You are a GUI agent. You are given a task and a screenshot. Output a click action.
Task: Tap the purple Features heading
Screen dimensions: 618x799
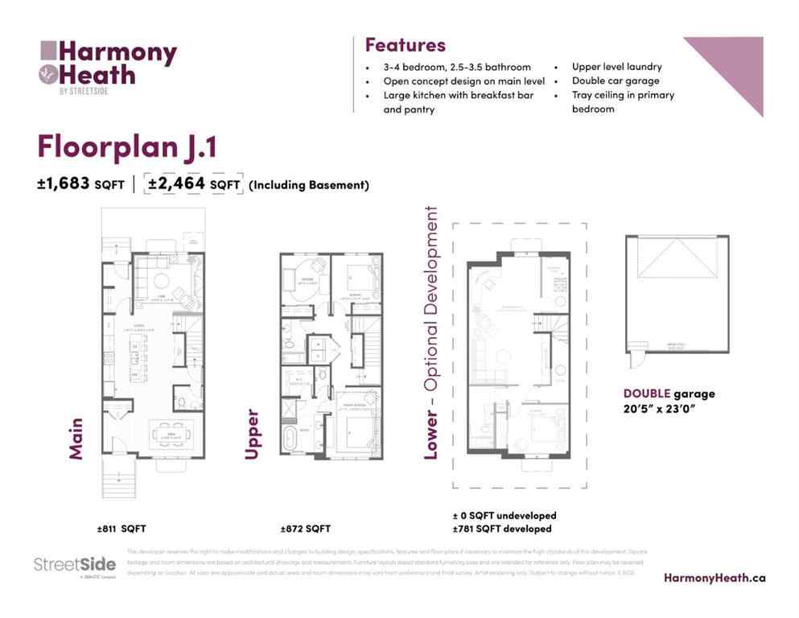pos(405,44)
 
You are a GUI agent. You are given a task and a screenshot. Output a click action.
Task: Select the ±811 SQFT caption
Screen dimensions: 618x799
pos(121,529)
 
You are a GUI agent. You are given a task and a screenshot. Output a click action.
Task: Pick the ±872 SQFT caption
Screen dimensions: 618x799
pos(305,529)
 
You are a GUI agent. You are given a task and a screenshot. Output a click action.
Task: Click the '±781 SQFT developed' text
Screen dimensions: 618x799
pos(502,529)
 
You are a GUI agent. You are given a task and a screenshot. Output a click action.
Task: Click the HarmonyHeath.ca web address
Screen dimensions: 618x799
pos(715,577)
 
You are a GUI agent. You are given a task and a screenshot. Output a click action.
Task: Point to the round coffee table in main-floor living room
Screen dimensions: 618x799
pos(160,281)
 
